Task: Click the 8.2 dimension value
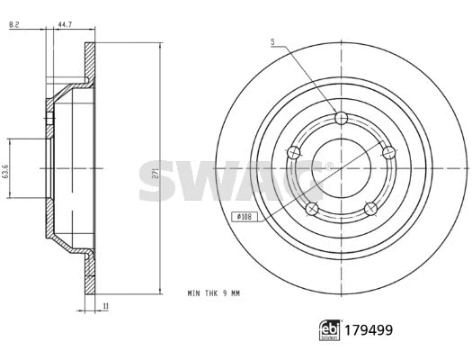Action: pos(13,25)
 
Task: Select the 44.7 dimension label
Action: pos(64,25)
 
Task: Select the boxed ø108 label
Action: pos(244,217)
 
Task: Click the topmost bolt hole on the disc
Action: pos(340,119)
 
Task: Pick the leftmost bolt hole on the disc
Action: pos(292,155)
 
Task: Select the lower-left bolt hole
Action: pos(311,209)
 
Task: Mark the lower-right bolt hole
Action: pos(370,209)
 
